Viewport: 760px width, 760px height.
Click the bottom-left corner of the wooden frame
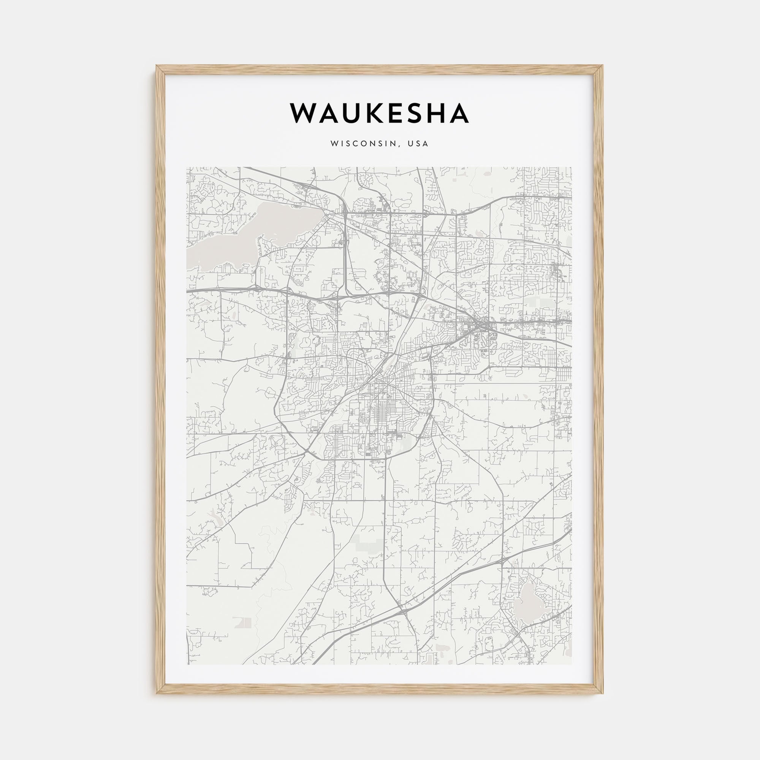[x=157, y=693]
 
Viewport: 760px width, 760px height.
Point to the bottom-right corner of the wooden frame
[x=602, y=693]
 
